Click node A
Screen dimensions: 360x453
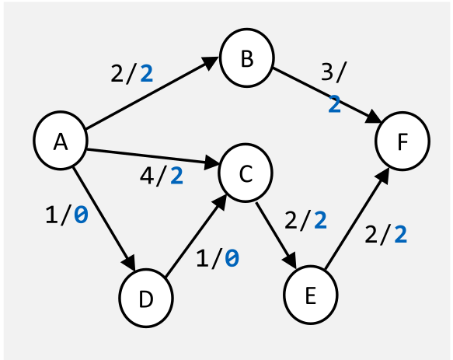pos(60,142)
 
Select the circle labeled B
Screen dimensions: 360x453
pos(247,60)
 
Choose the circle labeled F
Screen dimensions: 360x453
pos(402,142)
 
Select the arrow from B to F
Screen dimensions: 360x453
pos(326,95)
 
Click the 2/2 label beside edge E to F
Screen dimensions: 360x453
pos(386,234)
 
